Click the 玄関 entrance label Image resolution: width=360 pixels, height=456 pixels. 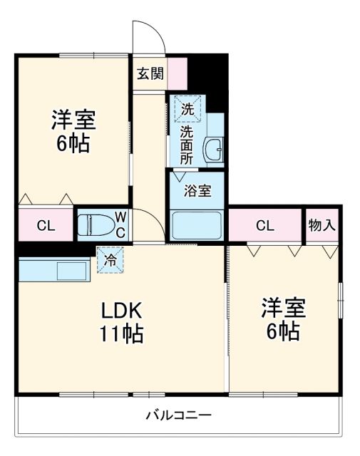pos(150,72)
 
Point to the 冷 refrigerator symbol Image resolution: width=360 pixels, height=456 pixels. pos(111,260)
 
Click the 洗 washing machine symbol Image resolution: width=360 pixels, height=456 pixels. pos(187,109)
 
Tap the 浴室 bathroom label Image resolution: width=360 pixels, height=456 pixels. pos(197,191)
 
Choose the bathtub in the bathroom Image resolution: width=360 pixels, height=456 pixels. pos(197,224)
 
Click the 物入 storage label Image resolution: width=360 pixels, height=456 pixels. pos(322,225)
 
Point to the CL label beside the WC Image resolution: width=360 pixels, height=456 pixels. pos(46,227)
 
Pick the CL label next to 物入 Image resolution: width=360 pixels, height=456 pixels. pos(264,227)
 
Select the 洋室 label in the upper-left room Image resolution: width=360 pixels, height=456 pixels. pos(73,119)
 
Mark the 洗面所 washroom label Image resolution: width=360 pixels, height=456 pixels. pos(186,145)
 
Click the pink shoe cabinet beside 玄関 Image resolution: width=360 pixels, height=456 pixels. pos(178,72)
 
